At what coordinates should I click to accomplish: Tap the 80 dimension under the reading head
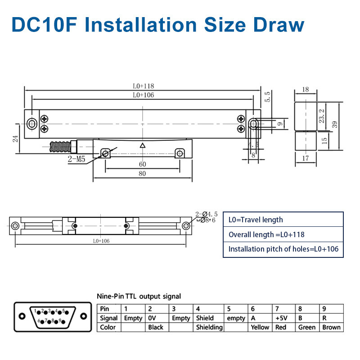tap(142, 174)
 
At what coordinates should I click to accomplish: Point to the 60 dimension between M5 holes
tap(142, 164)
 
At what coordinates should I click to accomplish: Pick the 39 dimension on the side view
tap(334, 125)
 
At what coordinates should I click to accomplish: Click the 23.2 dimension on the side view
tap(321, 117)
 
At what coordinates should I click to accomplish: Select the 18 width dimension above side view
tap(306, 90)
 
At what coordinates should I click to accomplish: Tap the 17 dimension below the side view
tap(306, 158)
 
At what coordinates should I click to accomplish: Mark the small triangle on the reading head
tap(143, 145)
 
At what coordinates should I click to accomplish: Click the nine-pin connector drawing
tap(50, 316)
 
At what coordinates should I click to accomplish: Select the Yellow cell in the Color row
tap(260, 327)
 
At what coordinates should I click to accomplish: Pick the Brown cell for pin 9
tap(331, 327)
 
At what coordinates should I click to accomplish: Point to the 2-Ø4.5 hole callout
tap(206, 214)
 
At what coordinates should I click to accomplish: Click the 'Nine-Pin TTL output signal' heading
tap(139, 296)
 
